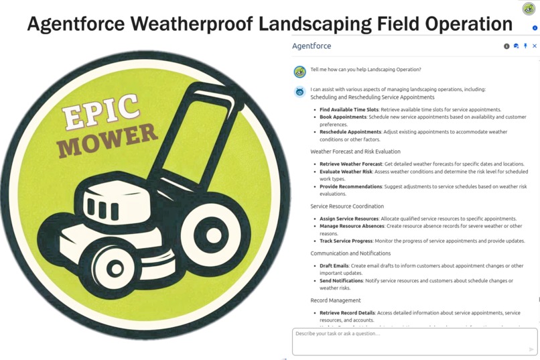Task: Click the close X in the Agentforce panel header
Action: click(534, 46)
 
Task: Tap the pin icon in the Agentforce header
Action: click(525, 46)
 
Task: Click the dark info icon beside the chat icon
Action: click(507, 46)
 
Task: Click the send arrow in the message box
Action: click(531, 349)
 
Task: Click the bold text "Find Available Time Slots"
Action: click(348, 109)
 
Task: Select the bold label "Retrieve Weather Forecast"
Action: click(350, 164)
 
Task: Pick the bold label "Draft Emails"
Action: click(334, 265)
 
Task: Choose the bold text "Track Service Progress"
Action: click(348, 241)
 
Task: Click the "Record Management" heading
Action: click(335, 300)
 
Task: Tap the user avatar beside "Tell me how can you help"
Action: click(299, 71)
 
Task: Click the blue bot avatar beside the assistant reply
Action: click(299, 92)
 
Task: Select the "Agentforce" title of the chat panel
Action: click(312, 46)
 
